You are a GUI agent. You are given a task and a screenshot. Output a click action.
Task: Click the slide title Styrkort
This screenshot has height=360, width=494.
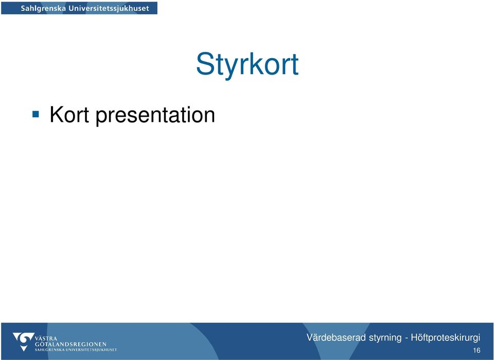(248, 65)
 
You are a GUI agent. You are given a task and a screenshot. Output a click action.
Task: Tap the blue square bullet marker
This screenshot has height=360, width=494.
(36, 114)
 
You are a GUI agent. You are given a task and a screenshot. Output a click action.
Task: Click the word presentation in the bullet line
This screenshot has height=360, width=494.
(155, 116)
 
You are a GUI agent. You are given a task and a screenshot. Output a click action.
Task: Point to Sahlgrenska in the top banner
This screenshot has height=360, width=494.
(43, 8)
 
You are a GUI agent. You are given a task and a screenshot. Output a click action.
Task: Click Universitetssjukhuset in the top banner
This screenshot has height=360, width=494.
(109, 8)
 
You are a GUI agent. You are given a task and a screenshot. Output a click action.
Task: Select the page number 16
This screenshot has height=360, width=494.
(477, 350)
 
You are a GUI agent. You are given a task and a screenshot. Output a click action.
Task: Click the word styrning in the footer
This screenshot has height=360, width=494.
(385, 338)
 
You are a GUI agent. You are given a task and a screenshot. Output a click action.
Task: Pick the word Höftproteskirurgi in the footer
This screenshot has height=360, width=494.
(446, 338)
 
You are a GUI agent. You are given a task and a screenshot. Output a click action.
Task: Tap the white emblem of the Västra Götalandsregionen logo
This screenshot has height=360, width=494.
(23, 341)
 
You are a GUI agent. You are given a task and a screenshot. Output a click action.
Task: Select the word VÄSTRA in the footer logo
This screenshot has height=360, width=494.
(46, 339)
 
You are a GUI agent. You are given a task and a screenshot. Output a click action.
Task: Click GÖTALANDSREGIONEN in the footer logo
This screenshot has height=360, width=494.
(70, 344)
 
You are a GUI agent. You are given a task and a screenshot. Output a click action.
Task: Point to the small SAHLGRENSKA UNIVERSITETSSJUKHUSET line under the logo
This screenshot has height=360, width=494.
(76, 350)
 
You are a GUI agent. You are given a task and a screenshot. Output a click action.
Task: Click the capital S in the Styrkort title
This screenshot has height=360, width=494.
(206, 64)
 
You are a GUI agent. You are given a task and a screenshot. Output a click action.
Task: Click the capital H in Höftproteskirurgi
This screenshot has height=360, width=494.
(415, 338)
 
